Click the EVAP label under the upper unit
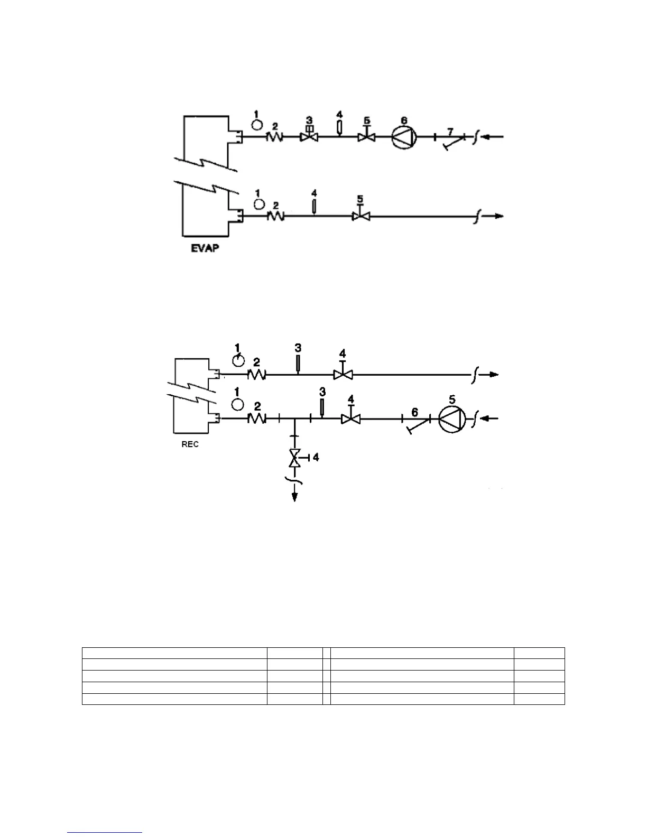pyautogui.click(x=205, y=248)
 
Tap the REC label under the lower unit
pyautogui.click(x=190, y=444)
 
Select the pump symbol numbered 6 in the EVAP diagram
pyautogui.click(x=404, y=137)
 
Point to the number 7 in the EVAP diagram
pyautogui.click(x=450, y=131)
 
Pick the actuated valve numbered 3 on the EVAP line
pyautogui.click(x=309, y=137)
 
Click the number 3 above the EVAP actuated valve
pyautogui.click(x=309, y=120)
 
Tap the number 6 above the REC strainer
pyautogui.click(x=414, y=412)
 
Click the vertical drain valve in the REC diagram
pyautogui.click(x=294, y=458)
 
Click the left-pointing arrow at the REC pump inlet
pyautogui.click(x=492, y=419)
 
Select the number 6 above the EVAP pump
pyautogui.click(x=404, y=120)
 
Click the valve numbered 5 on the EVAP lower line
pyautogui.click(x=361, y=216)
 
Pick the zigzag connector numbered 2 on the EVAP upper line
pyautogui.click(x=274, y=137)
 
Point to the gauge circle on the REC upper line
pyautogui.click(x=238, y=360)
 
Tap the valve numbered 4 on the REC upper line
pyautogui.click(x=343, y=375)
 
